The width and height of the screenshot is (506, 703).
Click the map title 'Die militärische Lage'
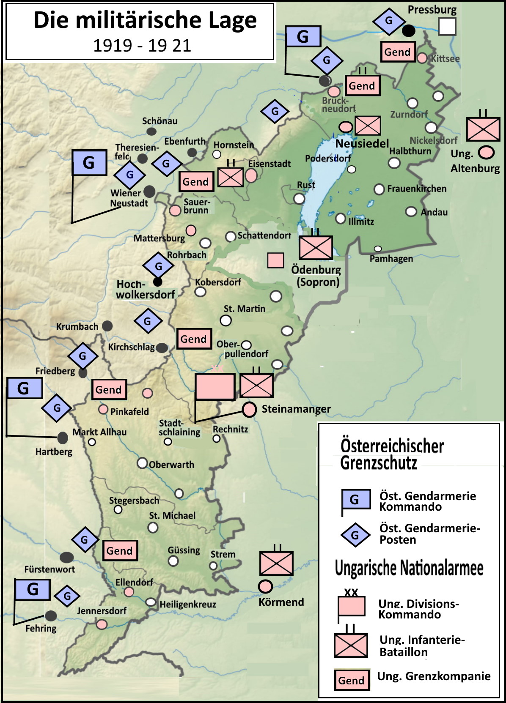[x=145, y=20]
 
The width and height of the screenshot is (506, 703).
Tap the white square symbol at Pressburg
[x=447, y=26]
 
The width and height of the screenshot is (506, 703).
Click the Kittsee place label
[x=445, y=59]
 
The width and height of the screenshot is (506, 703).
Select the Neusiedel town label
[x=362, y=144]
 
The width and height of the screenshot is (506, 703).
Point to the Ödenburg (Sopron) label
[x=316, y=276]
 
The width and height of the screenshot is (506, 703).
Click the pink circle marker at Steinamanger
[x=249, y=409]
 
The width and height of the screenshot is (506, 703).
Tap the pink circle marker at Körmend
[x=265, y=586]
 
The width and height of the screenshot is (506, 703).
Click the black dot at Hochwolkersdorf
[x=158, y=282]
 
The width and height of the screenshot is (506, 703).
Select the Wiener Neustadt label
[x=129, y=198]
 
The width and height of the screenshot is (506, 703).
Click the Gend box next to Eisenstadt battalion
[x=196, y=182]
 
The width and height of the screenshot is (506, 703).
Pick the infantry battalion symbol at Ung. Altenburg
[x=483, y=129]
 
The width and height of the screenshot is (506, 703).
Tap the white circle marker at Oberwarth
[x=143, y=463]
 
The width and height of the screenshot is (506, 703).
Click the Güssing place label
[x=184, y=550]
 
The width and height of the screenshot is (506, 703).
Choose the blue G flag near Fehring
[x=33, y=589]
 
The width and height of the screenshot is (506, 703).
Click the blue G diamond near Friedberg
[x=82, y=356]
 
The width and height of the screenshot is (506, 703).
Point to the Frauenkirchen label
[x=416, y=189]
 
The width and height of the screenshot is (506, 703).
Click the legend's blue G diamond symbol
[x=355, y=535]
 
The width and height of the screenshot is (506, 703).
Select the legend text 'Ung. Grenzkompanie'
[x=433, y=676]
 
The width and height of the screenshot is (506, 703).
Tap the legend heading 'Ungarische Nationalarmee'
[x=409, y=568]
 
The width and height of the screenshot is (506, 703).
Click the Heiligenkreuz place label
[x=187, y=605]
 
